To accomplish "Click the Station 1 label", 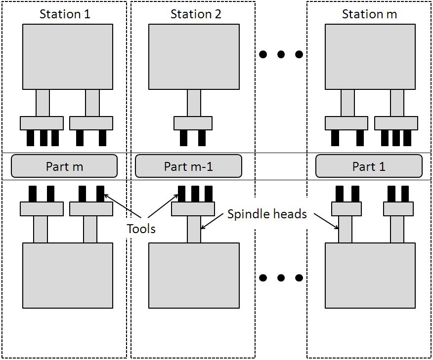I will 65,14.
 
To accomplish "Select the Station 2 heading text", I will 196,14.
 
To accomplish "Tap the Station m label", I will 369,14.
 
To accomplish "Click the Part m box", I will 64,166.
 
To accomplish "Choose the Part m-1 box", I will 188,166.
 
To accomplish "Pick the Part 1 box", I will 369,166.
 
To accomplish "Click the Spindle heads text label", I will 267,214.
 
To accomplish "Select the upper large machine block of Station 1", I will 68,56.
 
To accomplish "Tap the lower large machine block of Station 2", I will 194,275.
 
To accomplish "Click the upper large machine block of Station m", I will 370,56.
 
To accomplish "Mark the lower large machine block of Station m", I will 370,275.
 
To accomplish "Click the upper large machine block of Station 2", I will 194,56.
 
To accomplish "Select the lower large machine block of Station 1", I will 68,275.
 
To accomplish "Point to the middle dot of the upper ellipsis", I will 281,55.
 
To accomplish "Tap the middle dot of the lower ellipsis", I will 281,278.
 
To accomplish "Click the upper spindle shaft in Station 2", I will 194,103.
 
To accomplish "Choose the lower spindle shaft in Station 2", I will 194,230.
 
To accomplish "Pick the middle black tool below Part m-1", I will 195,194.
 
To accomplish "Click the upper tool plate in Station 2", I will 193,123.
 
